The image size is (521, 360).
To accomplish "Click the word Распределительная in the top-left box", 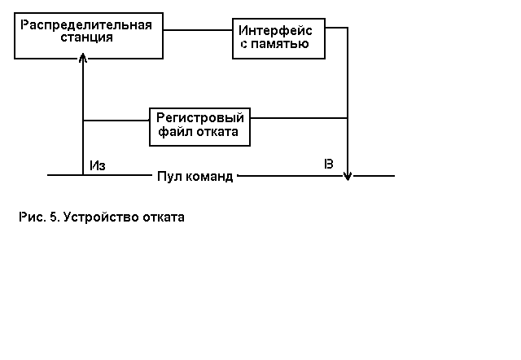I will click(x=86, y=24).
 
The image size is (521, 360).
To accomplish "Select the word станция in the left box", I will click(x=86, y=37).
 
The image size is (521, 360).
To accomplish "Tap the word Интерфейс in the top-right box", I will click(x=275, y=30).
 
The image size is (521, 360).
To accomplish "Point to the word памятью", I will click(x=282, y=44).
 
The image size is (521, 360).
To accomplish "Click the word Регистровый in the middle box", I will click(x=200, y=117).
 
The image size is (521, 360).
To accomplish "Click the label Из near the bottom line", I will click(x=98, y=165).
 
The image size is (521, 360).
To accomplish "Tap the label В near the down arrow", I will click(x=329, y=164).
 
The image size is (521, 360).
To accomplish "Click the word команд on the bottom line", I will click(x=210, y=176).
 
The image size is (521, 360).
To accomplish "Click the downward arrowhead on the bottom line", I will click(x=348, y=174).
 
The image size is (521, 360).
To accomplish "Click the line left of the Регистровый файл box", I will click(x=116, y=121).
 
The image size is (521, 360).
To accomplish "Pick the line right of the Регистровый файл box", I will click(x=298, y=118).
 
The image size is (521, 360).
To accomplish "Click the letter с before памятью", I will click(x=243, y=44).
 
